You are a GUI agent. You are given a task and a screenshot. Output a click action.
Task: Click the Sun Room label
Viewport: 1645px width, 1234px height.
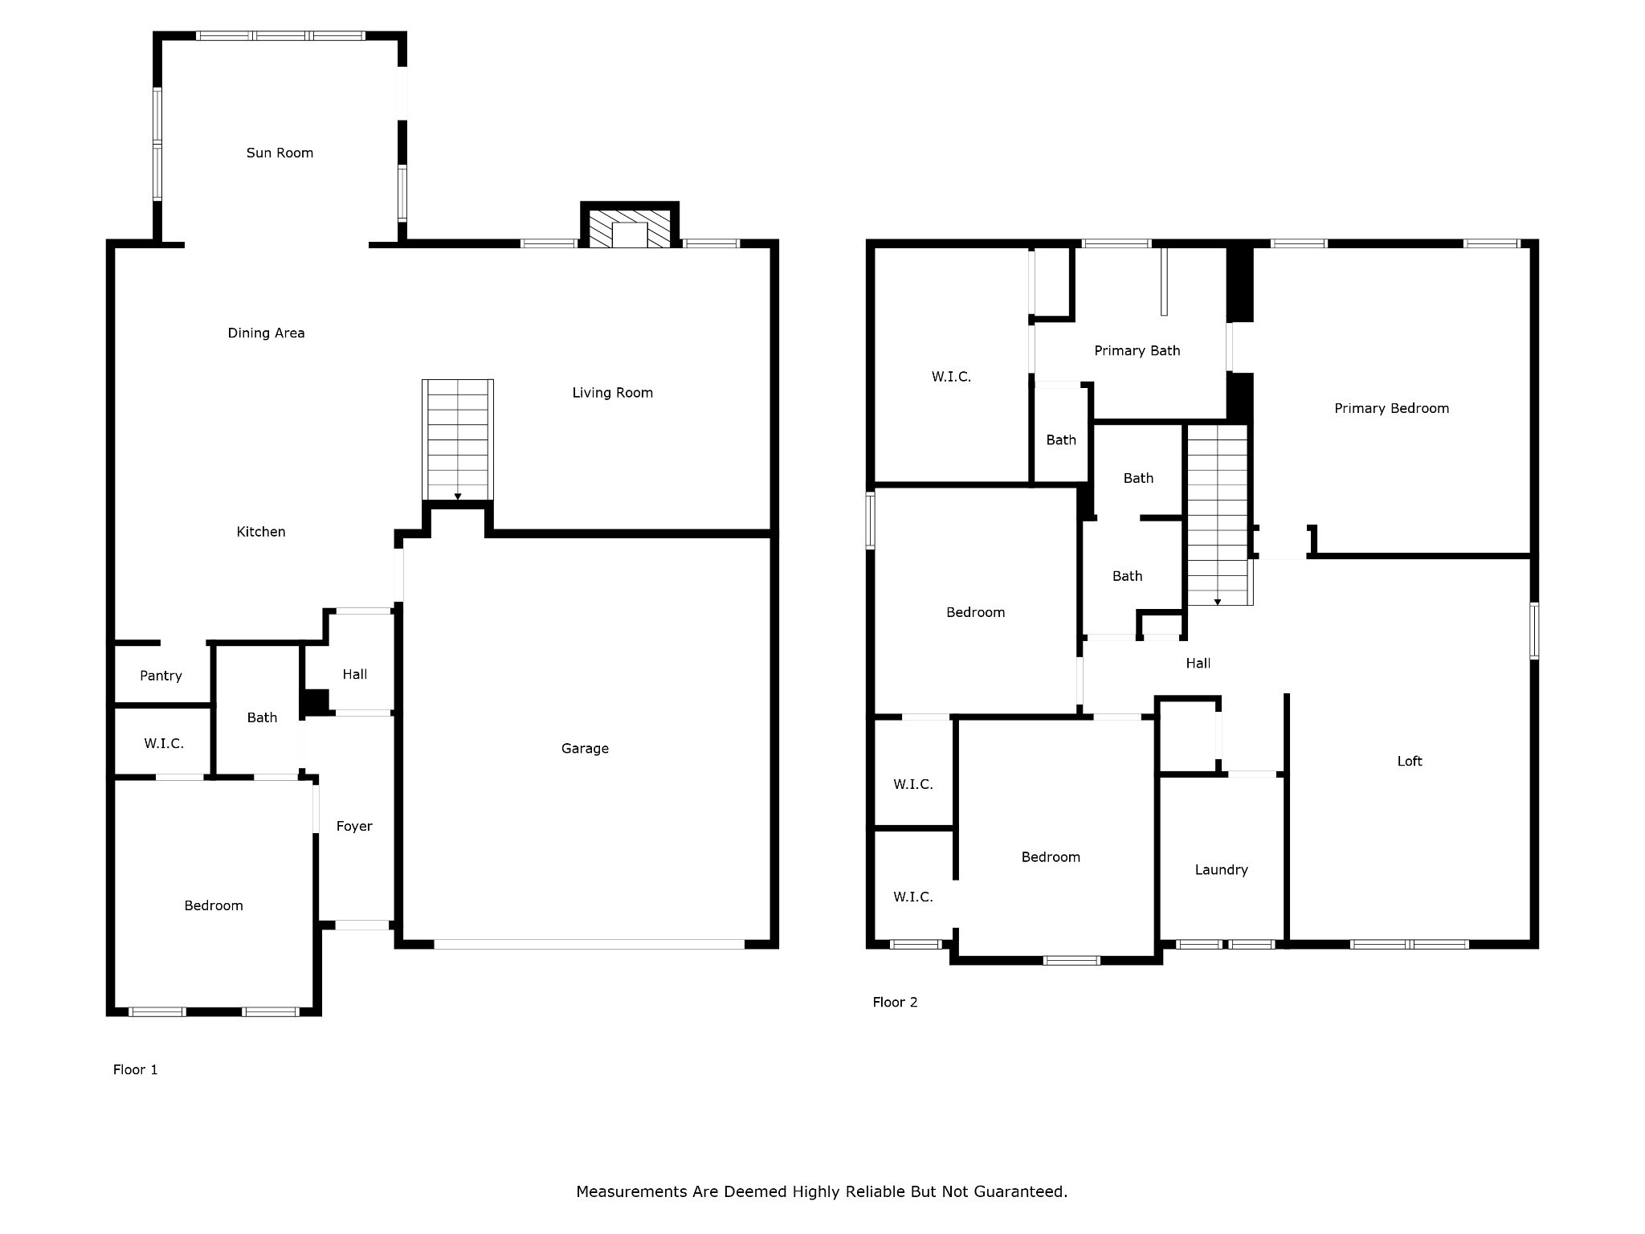(x=280, y=153)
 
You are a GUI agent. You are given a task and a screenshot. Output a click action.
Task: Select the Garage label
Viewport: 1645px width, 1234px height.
(x=585, y=749)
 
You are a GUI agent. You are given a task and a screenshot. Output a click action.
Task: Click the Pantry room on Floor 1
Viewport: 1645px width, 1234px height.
(x=161, y=676)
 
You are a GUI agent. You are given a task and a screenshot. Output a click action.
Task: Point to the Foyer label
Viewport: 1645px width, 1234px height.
(x=354, y=826)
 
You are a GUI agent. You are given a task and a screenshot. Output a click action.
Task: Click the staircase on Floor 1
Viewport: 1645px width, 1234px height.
(x=458, y=440)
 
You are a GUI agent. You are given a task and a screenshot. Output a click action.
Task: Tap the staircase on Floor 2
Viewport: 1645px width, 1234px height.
(x=1218, y=514)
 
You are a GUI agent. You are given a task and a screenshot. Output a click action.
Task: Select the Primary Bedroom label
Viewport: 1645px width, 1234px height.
(x=1391, y=408)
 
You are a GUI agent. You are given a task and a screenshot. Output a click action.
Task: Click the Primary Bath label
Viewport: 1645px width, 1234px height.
(x=1137, y=350)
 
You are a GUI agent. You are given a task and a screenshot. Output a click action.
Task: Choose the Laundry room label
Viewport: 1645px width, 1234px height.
(x=1221, y=869)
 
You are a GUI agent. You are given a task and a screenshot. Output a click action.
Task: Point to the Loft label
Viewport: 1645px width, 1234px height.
(x=1409, y=761)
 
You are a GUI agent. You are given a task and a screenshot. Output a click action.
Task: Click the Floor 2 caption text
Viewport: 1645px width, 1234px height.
(x=895, y=1002)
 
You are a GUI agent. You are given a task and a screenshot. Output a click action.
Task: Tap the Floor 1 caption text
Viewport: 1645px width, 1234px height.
(x=135, y=1069)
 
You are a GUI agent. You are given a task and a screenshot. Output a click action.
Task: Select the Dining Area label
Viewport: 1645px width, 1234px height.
(x=266, y=333)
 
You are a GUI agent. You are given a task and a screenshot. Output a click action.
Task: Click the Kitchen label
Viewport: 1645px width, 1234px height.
(x=260, y=531)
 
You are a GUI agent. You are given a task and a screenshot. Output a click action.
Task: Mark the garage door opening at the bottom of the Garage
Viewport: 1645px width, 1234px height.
(x=589, y=944)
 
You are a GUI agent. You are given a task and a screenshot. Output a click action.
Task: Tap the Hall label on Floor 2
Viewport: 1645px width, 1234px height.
(x=1198, y=663)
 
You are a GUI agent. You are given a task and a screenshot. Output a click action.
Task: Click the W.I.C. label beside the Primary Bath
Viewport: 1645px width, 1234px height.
(x=951, y=376)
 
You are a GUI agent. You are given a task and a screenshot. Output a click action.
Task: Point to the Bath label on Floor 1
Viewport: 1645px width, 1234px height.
(x=262, y=717)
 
